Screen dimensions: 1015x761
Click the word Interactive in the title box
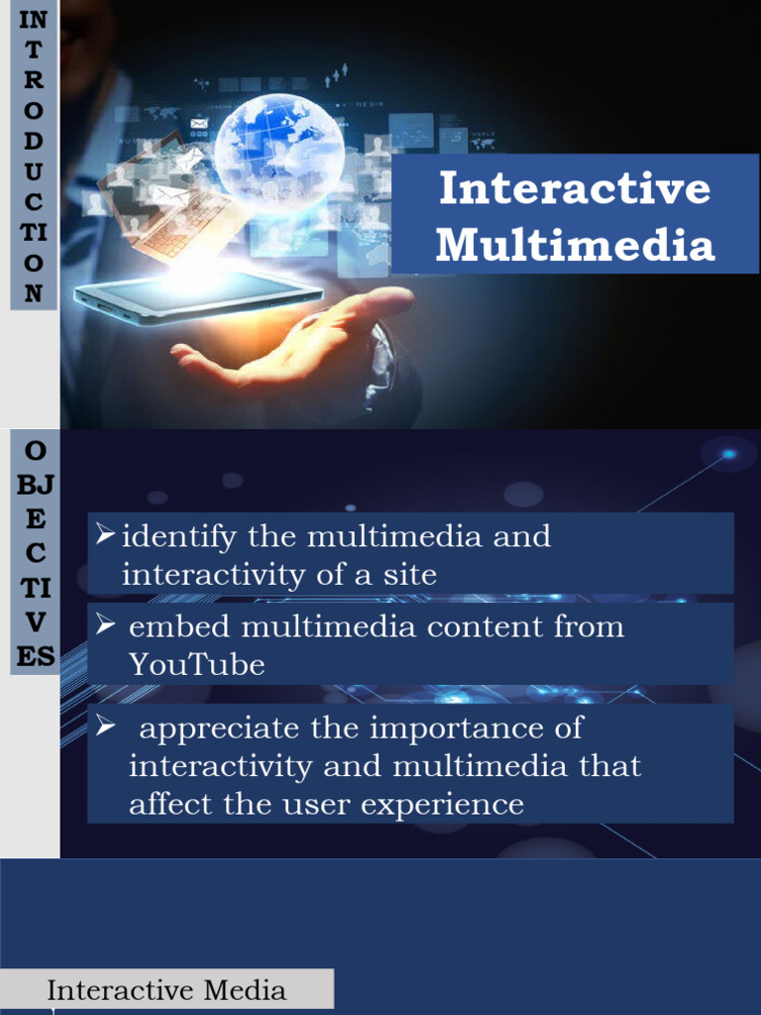(575, 188)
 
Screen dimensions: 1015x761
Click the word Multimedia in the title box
(575, 246)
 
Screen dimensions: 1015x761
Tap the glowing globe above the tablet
(279, 149)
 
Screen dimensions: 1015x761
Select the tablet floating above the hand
(198, 297)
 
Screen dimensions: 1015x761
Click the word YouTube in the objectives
(197, 665)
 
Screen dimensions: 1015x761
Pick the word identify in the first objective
(179, 537)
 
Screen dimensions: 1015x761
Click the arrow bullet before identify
(105, 536)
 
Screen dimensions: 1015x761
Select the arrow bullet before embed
(106, 625)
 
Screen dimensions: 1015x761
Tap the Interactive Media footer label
(166, 990)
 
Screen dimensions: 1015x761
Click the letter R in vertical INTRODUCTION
(33, 81)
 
